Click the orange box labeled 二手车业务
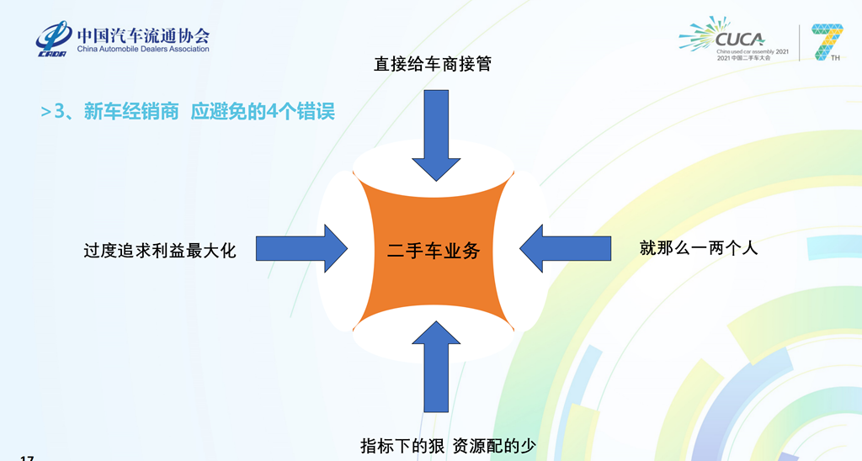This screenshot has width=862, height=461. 433,250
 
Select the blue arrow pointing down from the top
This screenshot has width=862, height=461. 435,135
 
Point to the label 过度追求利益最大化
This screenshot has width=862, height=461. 159,250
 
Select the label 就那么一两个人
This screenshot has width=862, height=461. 699,247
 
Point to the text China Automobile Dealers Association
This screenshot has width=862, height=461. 143,50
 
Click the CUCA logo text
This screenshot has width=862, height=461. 738,38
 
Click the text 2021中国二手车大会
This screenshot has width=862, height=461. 743,58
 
